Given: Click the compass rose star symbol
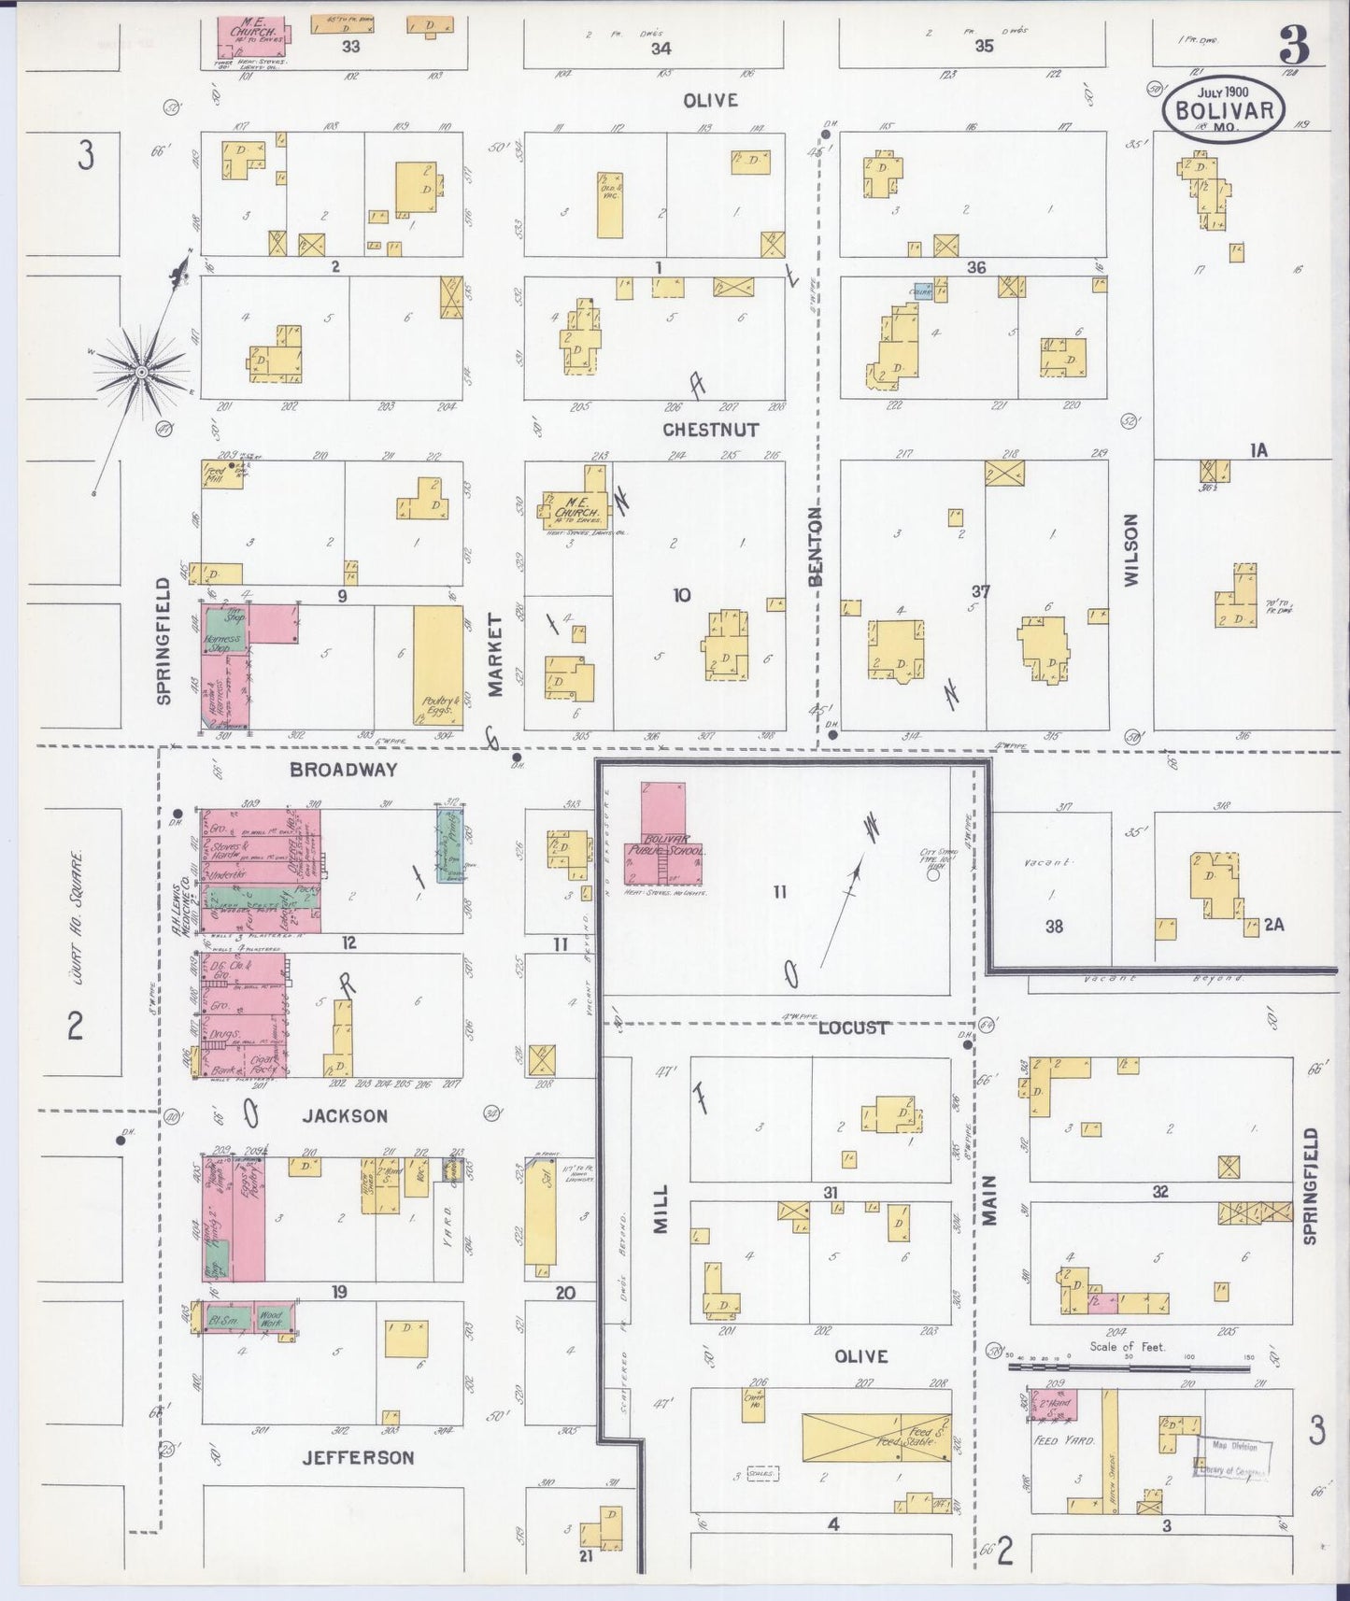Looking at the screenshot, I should (142, 372).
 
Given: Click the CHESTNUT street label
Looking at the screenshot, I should (710, 430).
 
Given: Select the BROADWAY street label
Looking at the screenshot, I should (343, 771).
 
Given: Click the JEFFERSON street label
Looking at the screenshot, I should (358, 1457).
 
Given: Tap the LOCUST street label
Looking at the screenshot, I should (852, 1027).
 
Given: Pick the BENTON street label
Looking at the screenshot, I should (816, 546).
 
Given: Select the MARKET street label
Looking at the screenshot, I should (494, 655).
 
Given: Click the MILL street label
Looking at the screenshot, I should (661, 1210).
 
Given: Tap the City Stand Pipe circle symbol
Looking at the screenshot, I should (932, 875).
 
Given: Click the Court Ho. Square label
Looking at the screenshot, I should (77, 906).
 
